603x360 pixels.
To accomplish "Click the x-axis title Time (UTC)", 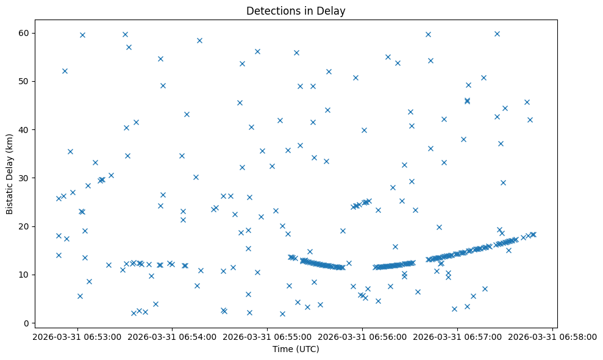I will pos(296,349).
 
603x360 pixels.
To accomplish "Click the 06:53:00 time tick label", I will pos(77,336).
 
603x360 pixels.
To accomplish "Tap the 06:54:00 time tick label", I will pos(172,336).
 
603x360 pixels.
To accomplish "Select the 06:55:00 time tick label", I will pos(267,336).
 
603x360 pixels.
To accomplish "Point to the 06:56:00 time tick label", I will pos(362,336).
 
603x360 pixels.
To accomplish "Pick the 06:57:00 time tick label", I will pos(457,336).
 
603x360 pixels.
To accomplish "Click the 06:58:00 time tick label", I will pos(552,336).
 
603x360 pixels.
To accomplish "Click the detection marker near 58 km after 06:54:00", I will pos(199,40).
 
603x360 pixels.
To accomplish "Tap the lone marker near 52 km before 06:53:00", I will pos(65,71).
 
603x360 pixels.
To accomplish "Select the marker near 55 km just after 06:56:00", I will pos(388,57).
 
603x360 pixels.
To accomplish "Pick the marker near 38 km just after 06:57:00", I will pos(463,139).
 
